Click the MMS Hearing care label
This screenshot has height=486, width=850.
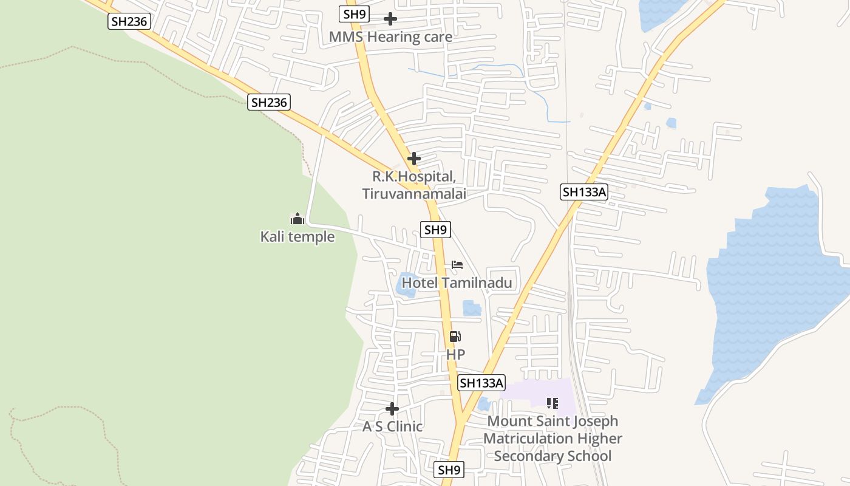390,37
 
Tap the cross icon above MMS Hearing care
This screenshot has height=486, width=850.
390,19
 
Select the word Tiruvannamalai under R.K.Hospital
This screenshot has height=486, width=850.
414,194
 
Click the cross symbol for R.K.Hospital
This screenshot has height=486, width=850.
414,159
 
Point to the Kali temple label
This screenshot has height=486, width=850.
297,236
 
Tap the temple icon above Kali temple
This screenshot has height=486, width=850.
297,218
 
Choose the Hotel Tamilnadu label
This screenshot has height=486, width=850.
457,283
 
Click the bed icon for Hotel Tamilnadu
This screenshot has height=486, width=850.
457,265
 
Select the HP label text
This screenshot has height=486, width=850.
455,354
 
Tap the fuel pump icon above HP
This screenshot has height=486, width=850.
455,337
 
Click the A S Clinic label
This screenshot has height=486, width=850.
392,426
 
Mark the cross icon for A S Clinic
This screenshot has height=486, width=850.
392,409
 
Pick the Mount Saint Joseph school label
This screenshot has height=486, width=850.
552,439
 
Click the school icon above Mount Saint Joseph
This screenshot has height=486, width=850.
552,403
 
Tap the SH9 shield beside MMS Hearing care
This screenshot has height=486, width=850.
355,14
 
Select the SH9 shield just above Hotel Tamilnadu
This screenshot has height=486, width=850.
435,230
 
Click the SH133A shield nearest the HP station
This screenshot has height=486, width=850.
482,383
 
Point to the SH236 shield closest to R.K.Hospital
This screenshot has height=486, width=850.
269,102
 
